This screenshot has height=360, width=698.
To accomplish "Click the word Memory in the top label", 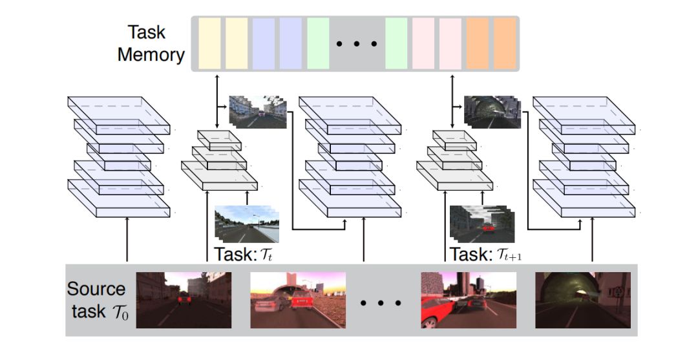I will point(151,54).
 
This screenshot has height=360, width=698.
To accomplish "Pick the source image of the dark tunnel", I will point(583,299).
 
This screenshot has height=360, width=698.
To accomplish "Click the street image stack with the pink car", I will point(257,111).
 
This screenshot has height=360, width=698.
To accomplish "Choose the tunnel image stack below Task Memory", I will point(491,111).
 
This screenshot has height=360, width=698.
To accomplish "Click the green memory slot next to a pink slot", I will point(396,43).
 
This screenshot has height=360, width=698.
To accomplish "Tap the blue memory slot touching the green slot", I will point(291,43).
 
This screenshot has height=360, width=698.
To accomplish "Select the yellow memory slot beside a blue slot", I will point(237,43).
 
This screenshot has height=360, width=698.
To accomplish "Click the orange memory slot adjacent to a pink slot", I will point(478,43).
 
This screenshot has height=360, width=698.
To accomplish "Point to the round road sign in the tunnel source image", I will point(619,291).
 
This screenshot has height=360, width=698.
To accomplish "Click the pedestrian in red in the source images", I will point(184,299).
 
